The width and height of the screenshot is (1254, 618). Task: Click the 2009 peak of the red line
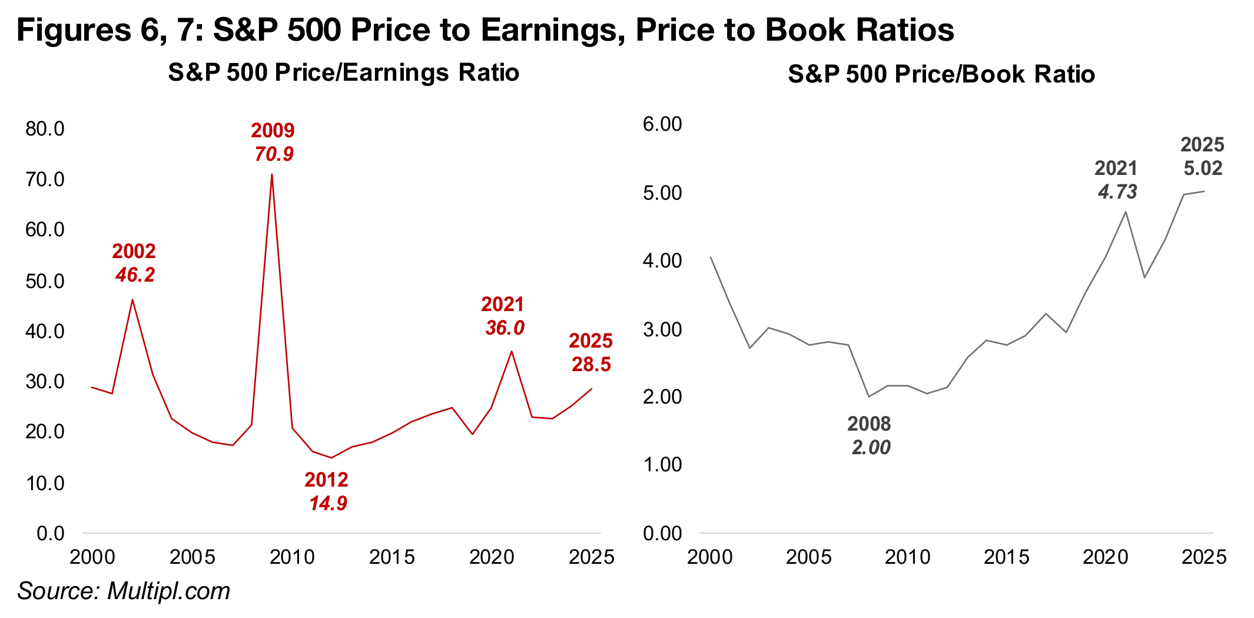pos(271,174)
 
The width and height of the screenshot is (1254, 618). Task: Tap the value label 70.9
pos(274,154)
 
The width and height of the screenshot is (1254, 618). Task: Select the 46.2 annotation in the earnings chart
pos(135,275)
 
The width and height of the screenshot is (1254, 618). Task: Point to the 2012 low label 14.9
pos(328,504)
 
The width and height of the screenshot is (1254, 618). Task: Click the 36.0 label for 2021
pos(505,328)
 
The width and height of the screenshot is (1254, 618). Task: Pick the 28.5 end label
pos(591,365)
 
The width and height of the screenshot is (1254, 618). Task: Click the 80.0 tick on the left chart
pos(45,128)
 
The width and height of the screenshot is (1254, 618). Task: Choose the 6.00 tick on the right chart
pos(662,124)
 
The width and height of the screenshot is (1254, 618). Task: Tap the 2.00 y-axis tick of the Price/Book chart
pos(662,396)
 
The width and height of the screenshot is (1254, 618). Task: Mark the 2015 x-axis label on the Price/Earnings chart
pos(392,557)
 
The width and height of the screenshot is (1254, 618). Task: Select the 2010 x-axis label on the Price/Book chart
pos(907,557)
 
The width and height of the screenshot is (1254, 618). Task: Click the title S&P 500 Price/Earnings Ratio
pos(343,73)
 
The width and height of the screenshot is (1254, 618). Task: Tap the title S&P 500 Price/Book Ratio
pos(941,75)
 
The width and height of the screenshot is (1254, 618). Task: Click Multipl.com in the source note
pos(169,591)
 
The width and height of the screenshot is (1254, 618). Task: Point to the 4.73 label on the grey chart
pos(1117,192)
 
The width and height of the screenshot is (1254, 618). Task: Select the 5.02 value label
pos(1203,168)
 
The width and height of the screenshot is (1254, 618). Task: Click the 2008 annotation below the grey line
pos(869,424)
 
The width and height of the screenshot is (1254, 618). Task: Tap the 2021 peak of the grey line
pos(1126,211)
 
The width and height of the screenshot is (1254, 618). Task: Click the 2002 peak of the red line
pos(132,300)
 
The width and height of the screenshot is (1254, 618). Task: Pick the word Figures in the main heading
pos(74,29)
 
